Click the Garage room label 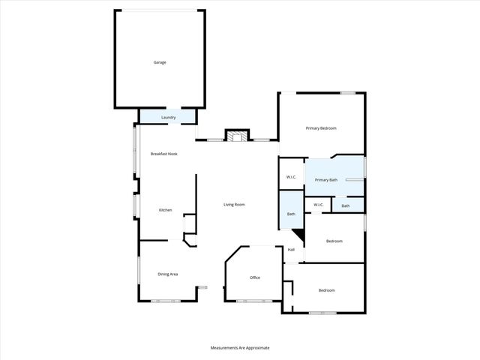click(159, 62)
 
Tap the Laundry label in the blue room click(168, 118)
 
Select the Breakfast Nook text click(163, 154)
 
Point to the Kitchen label click(165, 210)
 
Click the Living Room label click(234, 205)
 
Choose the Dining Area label click(167, 274)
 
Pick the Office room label click(255, 278)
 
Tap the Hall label click(291, 250)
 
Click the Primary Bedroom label click(321, 128)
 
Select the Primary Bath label click(325, 180)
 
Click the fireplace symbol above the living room click(238, 136)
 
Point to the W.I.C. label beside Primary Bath click(292, 177)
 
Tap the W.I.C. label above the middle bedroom click(318, 205)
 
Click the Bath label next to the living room click(291, 214)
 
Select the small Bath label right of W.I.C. click(346, 205)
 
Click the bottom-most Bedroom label click(326, 290)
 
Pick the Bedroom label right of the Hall click(334, 241)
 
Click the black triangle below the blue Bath click(299, 235)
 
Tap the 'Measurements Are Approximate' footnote click(239, 348)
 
